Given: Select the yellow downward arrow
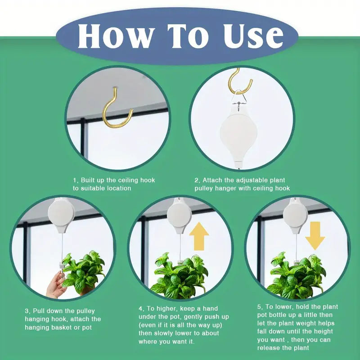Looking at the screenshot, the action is point(315,235).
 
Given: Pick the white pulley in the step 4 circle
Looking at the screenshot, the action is point(179,216).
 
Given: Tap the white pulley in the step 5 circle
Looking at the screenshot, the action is point(295,216).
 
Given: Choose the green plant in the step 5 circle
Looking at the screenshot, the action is point(297,275).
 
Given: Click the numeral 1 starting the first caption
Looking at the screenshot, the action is point(75,180).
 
